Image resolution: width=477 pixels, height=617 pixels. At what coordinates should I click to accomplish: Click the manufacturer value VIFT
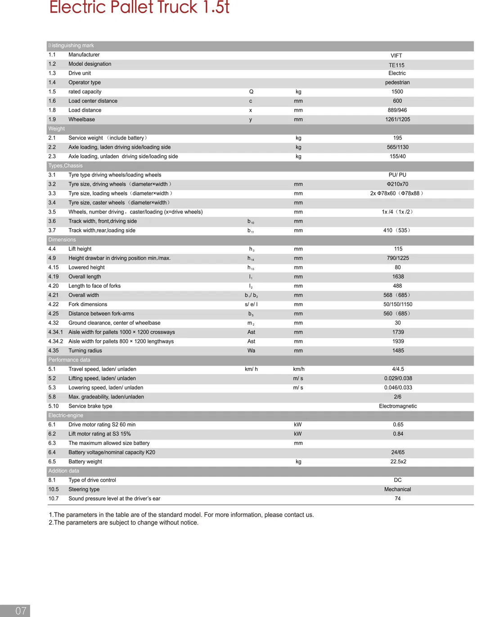pyautogui.click(x=396, y=55)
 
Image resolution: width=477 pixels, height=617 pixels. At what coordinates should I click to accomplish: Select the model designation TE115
pyautogui.click(x=396, y=65)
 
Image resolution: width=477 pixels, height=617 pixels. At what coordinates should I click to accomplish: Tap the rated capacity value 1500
pyautogui.click(x=397, y=91)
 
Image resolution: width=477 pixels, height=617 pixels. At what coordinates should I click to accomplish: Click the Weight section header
pyautogui.click(x=57, y=129)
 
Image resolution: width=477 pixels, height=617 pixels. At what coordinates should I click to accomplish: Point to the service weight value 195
pyautogui.click(x=397, y=138)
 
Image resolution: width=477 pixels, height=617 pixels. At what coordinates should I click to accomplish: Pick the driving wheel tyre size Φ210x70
pyautogui.click(x=397, y=184)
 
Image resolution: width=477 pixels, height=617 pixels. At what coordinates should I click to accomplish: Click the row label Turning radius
pyautogui.click(x=85, y=350)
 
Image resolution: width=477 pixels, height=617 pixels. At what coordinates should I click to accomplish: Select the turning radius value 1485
pyautogui.click(x=398, y=350)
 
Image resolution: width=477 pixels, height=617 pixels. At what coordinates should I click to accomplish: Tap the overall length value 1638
pyautogui.click(x=398, y=277)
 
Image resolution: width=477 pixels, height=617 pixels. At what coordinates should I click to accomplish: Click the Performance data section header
pyautogui.click(x=69, y=360)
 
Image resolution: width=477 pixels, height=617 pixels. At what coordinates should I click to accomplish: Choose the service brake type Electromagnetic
pyautogui.click(x=398, y=406)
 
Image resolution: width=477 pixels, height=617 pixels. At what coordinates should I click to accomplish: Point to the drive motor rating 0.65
pyautogui.click(x=398, y=425)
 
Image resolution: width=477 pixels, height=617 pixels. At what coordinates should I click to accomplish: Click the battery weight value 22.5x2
pyautogui.click(x=398, y=462)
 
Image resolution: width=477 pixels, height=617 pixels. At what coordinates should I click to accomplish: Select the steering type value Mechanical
pyautogui.click(x=397, y=489)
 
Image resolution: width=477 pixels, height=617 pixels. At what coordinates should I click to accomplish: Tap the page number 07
pyautogui.click(x=21, y=611)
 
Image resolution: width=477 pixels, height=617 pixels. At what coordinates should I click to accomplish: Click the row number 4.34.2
pyautogui.click(x=56, y=341)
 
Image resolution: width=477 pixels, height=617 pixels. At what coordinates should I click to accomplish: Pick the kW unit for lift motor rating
pyautogui.click(x=297, y=434)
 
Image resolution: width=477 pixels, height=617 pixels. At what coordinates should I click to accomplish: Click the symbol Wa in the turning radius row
pyautogui.click(x=251, y=350)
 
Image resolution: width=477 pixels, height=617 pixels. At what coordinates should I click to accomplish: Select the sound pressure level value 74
pyautogui.click(x=397, y=499)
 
